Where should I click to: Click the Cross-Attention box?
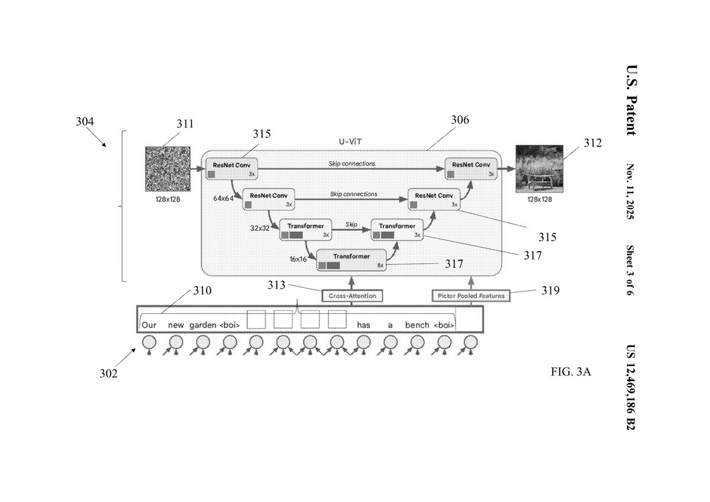point(352,295)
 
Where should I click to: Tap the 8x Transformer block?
point(351,260)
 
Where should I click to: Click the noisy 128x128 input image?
point(167,169)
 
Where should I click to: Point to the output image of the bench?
point(539,169)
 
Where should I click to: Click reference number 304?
point(84,122)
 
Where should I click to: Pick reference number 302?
point(108,374)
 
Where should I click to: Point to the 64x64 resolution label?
point(224,199)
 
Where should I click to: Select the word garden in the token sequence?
point(203,325)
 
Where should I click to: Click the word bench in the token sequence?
point(417,325)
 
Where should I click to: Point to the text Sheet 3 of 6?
point(630,270)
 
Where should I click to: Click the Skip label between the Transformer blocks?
point(351,225)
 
